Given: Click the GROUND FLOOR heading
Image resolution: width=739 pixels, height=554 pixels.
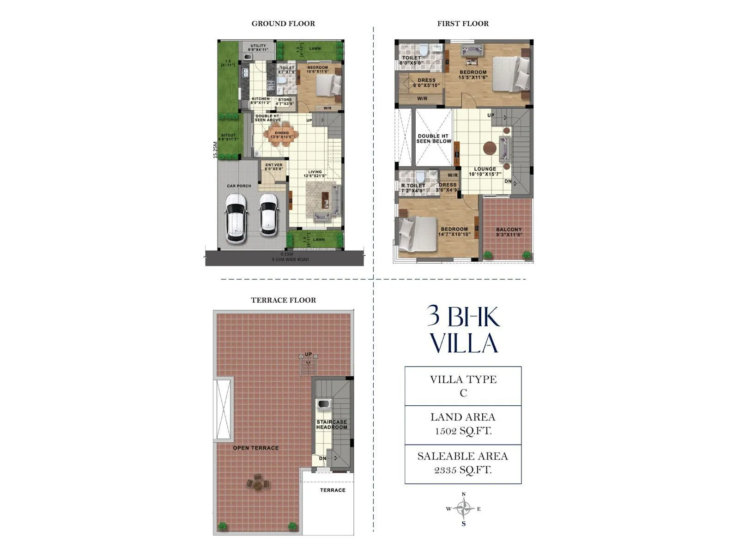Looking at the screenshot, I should tap(283, 24).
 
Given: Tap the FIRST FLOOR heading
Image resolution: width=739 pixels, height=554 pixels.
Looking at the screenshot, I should tap(463, 24).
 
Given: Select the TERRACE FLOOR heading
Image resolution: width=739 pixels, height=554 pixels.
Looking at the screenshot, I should tap(283, 300).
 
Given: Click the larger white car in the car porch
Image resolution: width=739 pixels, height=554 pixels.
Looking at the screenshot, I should tap(236, 218).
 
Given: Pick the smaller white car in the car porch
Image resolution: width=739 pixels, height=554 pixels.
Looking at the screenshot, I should tap(268, 215).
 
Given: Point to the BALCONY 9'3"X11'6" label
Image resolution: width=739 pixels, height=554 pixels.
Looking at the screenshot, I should tap(509, 232).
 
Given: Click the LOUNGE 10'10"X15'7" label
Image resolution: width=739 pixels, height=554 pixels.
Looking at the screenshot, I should tap(485, 172).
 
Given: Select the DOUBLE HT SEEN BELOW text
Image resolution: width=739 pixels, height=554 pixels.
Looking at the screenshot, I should tap(433, 138).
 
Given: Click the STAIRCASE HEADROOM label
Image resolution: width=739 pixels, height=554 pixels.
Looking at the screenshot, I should tap(331, 425).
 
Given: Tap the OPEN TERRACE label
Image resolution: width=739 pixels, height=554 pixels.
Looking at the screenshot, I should tap(255, 448).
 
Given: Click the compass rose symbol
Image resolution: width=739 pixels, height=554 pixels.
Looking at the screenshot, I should tap(463, 509).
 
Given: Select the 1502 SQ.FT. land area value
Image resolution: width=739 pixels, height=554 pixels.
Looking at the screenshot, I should tap(463, 431).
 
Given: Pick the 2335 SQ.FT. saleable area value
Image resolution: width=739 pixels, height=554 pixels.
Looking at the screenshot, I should tap(463, 470).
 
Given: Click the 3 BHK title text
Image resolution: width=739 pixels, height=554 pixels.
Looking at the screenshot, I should tap(463, 317).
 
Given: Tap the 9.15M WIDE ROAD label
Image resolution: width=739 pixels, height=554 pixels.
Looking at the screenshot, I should tap(290, 259).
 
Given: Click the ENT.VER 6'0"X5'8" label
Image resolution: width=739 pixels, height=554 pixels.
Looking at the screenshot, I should tap(273, 167).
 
